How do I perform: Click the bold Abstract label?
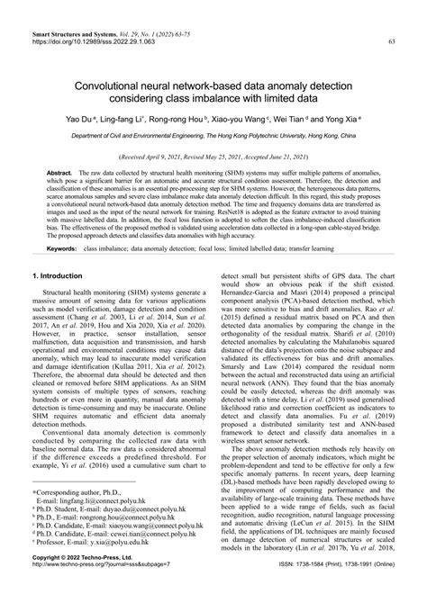(x=59, y=171)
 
